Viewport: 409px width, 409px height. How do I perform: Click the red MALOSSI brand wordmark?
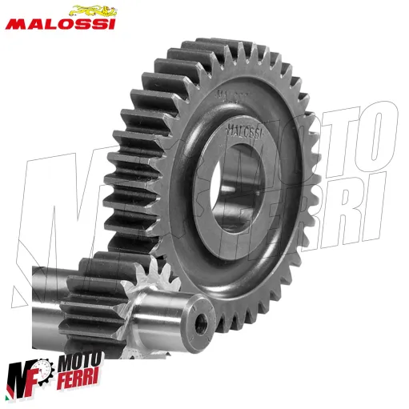pos(61,24)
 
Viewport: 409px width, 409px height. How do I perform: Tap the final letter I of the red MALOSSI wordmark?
pos(111,24)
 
